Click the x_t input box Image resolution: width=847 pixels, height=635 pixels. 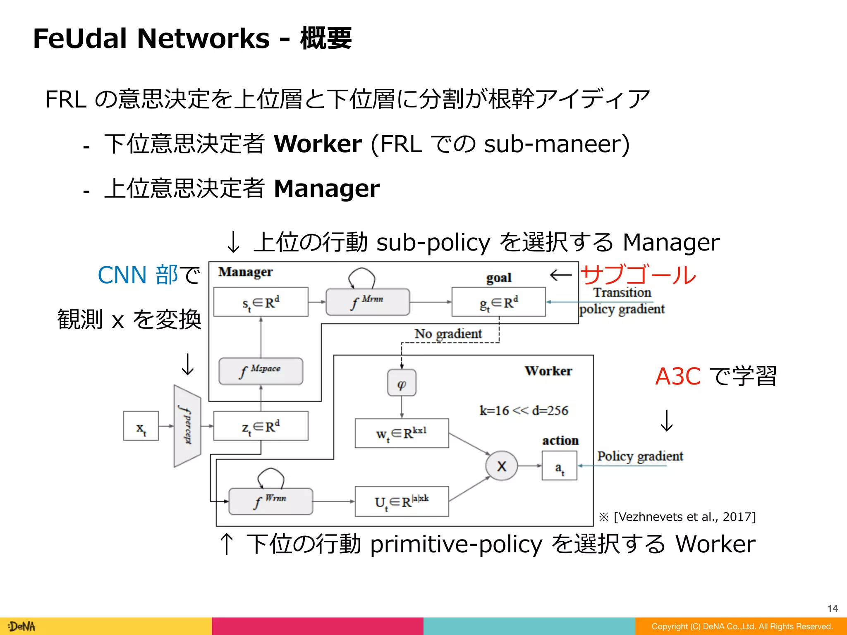click(141, 426)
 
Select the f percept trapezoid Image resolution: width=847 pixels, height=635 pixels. click(187, 426)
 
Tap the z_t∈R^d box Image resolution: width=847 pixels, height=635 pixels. click(261, 426)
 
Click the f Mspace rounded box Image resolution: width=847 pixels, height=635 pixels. click(261, 371)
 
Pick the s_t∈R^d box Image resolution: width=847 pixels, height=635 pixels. click(261, 302)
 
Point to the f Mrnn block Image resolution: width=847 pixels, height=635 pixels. click(368, 302)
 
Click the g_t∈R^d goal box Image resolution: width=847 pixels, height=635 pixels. click(498, 302)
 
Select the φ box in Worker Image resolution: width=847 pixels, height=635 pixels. click(402, 383)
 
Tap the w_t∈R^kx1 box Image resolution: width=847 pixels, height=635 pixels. click(402, 433)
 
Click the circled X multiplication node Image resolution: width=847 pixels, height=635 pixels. click(501, 466)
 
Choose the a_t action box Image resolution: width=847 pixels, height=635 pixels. click(559, 466)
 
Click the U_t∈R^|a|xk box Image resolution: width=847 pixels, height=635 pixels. click(402, 501)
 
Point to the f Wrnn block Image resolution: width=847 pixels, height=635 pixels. click(270, 501)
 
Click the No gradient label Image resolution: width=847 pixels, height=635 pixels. click(448, 334)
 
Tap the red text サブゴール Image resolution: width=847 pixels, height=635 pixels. click(638, 275)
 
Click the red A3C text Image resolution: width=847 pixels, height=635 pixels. click(678, 376)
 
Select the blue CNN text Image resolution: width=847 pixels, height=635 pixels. click(122, 275)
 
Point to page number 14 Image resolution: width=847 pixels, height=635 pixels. click(832, 608)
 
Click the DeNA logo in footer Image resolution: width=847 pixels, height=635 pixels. click(22, 626)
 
